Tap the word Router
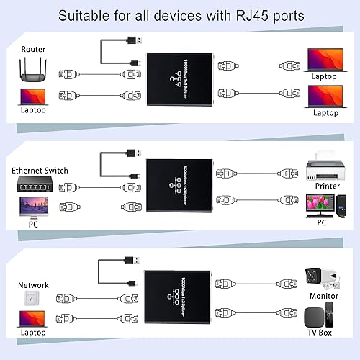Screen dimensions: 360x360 (x=33, y=49)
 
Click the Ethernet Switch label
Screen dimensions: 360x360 (x=40, y=171)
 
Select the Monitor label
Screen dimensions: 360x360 (x=324, y=296)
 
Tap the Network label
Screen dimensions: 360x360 (x=33, y=285)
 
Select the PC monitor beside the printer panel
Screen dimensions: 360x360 (x=323, y=205)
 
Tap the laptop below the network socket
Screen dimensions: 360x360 (x=33, y=320)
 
